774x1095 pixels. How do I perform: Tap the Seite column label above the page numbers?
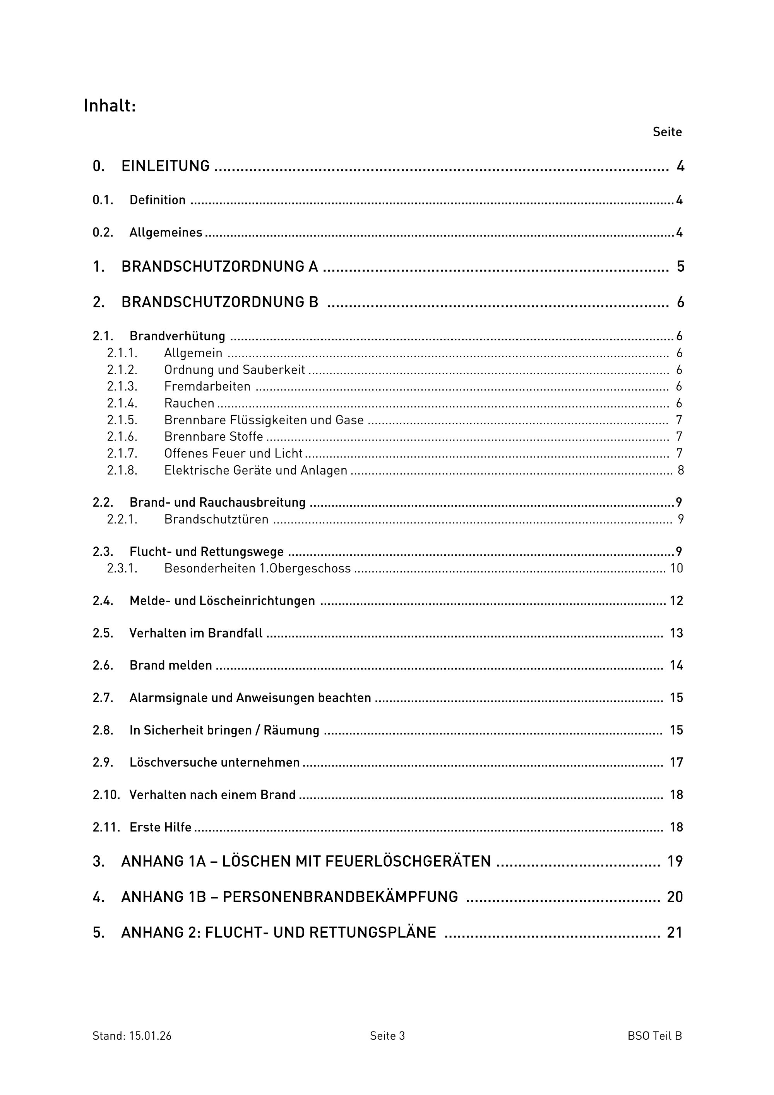[x=667, y=132]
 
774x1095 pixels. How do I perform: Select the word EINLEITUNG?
[x=166, y=166]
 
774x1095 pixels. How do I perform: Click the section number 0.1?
[x=103, y=200]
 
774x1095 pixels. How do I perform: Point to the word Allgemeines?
[x=166, y=233]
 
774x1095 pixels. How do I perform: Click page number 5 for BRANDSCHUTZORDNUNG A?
[x=680, y=267]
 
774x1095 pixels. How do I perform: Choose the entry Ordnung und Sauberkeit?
[x=234, y=370]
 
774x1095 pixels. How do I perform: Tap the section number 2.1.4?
[x=122, y=403]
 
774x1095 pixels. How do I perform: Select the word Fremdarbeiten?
[x=207, y=387]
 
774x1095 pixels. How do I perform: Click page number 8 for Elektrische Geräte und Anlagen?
[x=680, y=470]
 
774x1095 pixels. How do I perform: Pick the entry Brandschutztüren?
[x=216, y=519]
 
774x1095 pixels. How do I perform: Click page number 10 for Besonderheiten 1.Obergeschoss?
[x=676, y=569]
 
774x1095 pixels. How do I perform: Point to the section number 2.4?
[x=103, y=601]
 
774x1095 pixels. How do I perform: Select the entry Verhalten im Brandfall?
[x=195, y=633]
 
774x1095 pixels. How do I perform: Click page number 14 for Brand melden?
[x=676, y=665]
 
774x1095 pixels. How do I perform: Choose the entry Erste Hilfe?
[x=160, y=828]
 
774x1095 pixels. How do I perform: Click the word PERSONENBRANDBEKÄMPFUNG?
[x=340, y=897]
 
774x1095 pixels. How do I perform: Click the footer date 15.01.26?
[x=150, y=1036]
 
